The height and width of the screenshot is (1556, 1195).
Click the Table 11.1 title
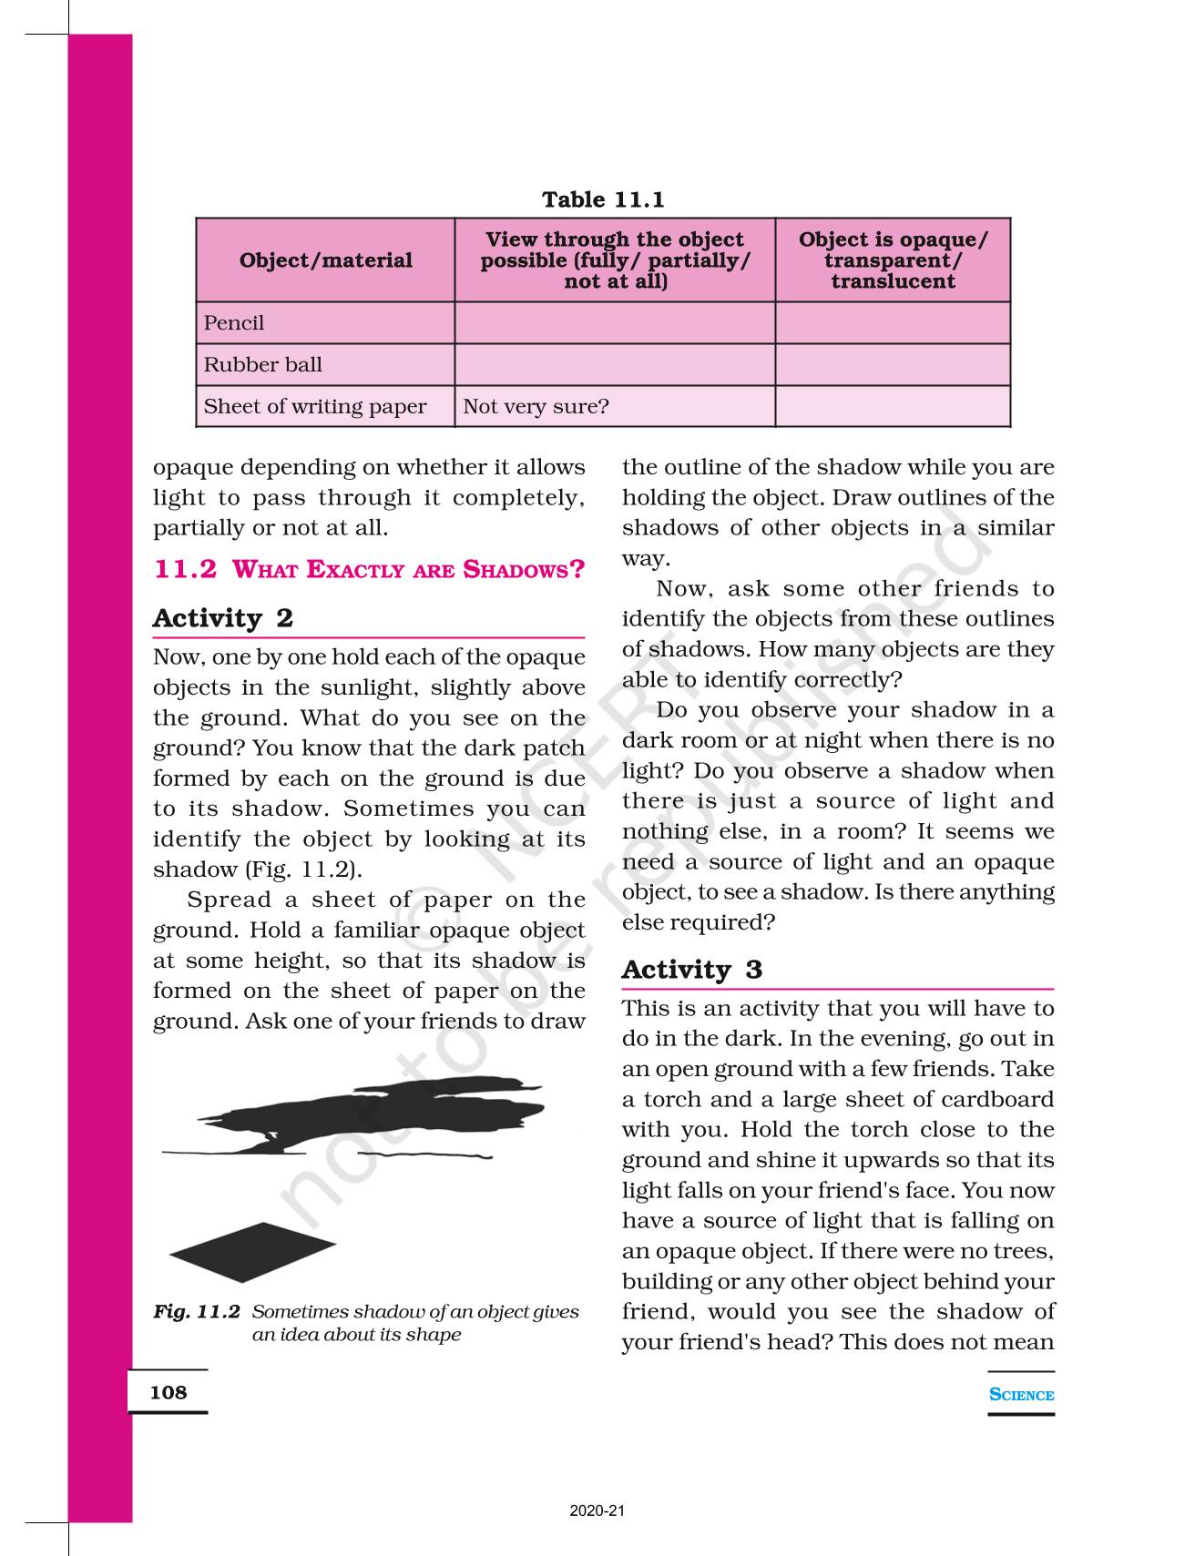(x=603, y=199)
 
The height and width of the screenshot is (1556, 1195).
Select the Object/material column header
(x=325, y=260)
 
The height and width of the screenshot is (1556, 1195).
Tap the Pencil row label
(x=234, y=323)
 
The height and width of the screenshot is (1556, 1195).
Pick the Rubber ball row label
(x=263, y=365)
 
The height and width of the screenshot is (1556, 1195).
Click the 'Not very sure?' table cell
(x=536, y=407)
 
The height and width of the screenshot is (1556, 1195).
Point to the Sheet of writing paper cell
(x=315, y=407)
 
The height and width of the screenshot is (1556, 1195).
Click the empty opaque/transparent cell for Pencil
(x=893, y=323)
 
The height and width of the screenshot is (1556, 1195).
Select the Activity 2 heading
(x=223, y=619)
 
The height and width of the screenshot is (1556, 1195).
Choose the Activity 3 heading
(x=692, y=971)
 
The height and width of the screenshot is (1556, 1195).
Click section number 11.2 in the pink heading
(x=186, y=570)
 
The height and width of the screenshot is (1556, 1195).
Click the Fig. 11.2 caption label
(x=197, y=1312)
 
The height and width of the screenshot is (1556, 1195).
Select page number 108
(x=169, y=1392)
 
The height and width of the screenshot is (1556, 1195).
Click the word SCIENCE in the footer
(x=1021, y=1395)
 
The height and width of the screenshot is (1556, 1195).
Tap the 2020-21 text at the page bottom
(x=597, y=1511)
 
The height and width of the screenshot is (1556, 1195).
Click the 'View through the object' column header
(x=615, y=260)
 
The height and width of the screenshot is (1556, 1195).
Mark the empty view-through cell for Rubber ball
(x=615, y=365)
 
